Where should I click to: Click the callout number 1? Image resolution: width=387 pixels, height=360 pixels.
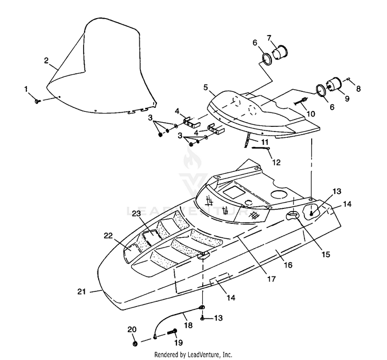coord(26,89)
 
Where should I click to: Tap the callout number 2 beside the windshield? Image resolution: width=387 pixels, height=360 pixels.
coord(46,60)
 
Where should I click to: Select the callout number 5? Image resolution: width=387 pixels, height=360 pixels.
coord(205,87)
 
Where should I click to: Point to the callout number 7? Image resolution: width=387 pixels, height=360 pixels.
coord(269,38)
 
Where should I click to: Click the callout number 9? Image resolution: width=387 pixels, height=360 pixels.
coord(347,99)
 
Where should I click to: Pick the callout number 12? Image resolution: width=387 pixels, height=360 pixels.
coord(277,162)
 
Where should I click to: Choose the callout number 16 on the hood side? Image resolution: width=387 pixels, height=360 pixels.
coord(288,265)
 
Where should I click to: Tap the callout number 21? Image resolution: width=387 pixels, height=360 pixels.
coord(82,291)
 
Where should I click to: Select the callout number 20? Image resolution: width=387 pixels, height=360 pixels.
coord(132,330)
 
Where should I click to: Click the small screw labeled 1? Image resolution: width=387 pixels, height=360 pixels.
coord(37,101)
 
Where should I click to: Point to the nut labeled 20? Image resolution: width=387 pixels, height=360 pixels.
coord(135,343)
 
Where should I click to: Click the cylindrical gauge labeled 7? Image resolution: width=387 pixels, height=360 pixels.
coord(280,53)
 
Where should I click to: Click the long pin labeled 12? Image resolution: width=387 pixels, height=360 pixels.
coord(261,149)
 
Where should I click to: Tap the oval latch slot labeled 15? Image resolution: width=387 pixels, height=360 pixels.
coord(292,216)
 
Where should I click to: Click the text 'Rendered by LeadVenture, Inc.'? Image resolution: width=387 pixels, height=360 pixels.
coord(193,354)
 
